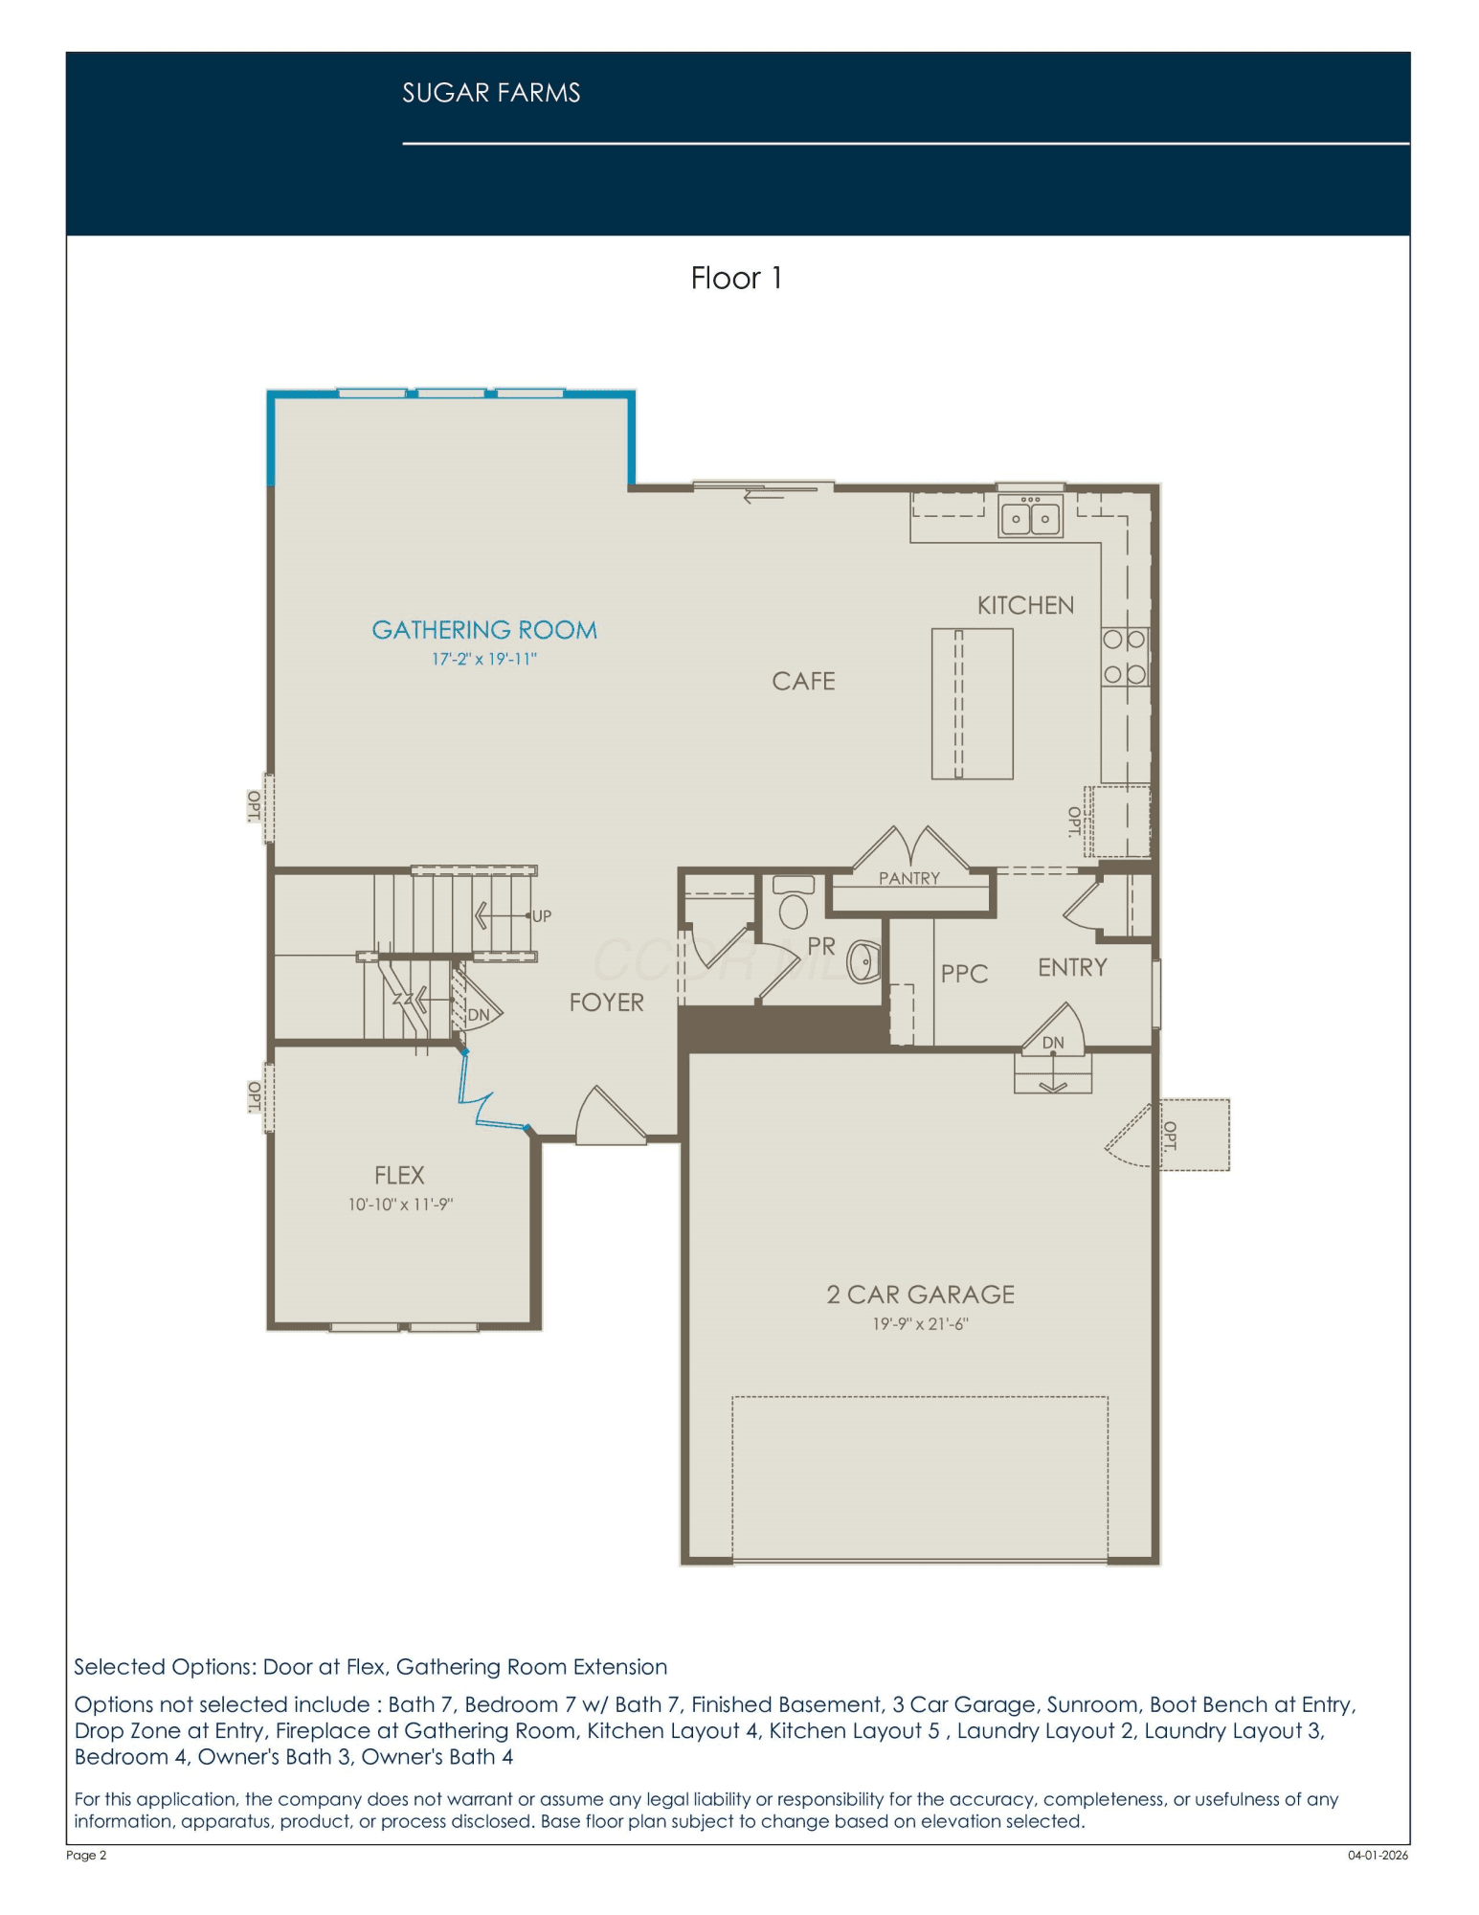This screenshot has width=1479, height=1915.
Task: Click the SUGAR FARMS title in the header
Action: pyautogui.click(x=491, y=93)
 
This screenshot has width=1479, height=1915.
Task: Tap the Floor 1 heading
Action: pyautogui.click(x=736, y=279)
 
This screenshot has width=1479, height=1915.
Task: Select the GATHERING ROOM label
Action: pyautogui.click(x=484, y=630)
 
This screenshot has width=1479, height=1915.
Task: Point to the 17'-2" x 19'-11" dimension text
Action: pyautogui.click(x=484, y=659)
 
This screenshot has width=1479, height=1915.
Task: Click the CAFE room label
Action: pyautogui.click(x=803, y=681)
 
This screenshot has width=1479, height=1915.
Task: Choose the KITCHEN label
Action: pyautogui.click(x=1025, y=605)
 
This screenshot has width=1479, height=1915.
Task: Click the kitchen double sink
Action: pyautogui.click(x=1030, y=516)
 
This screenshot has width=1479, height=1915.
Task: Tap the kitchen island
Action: pyautogui.click(x=972, y=704)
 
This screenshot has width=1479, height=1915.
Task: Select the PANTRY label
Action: pyautogui.click(x=909, y=878)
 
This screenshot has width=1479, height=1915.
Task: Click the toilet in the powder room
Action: pyautogui.click(x=793, y=902)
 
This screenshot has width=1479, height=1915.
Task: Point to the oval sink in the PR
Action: pyautogui.click(x=864, y=962)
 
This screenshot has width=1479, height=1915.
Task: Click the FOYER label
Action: pyautogui.click(x=606, y=1003)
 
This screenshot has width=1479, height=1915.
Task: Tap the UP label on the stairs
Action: pyautogui.click(x=542, y=916)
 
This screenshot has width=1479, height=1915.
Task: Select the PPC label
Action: pyautogui.click(x=964, y=974)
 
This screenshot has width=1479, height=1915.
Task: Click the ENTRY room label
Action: pyautogui.click(x=1072, y=967)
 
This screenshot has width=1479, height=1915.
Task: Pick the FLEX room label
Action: pyautogui.click(x=399, y=1175)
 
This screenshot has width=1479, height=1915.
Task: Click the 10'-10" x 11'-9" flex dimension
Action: pyautogui.click(x=400, y=1205)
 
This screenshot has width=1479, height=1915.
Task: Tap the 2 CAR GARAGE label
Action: pyautogui.click(x=920, y=1295)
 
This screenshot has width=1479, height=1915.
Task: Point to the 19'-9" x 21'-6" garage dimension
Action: pyautogui.click(x=920, y=1324)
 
